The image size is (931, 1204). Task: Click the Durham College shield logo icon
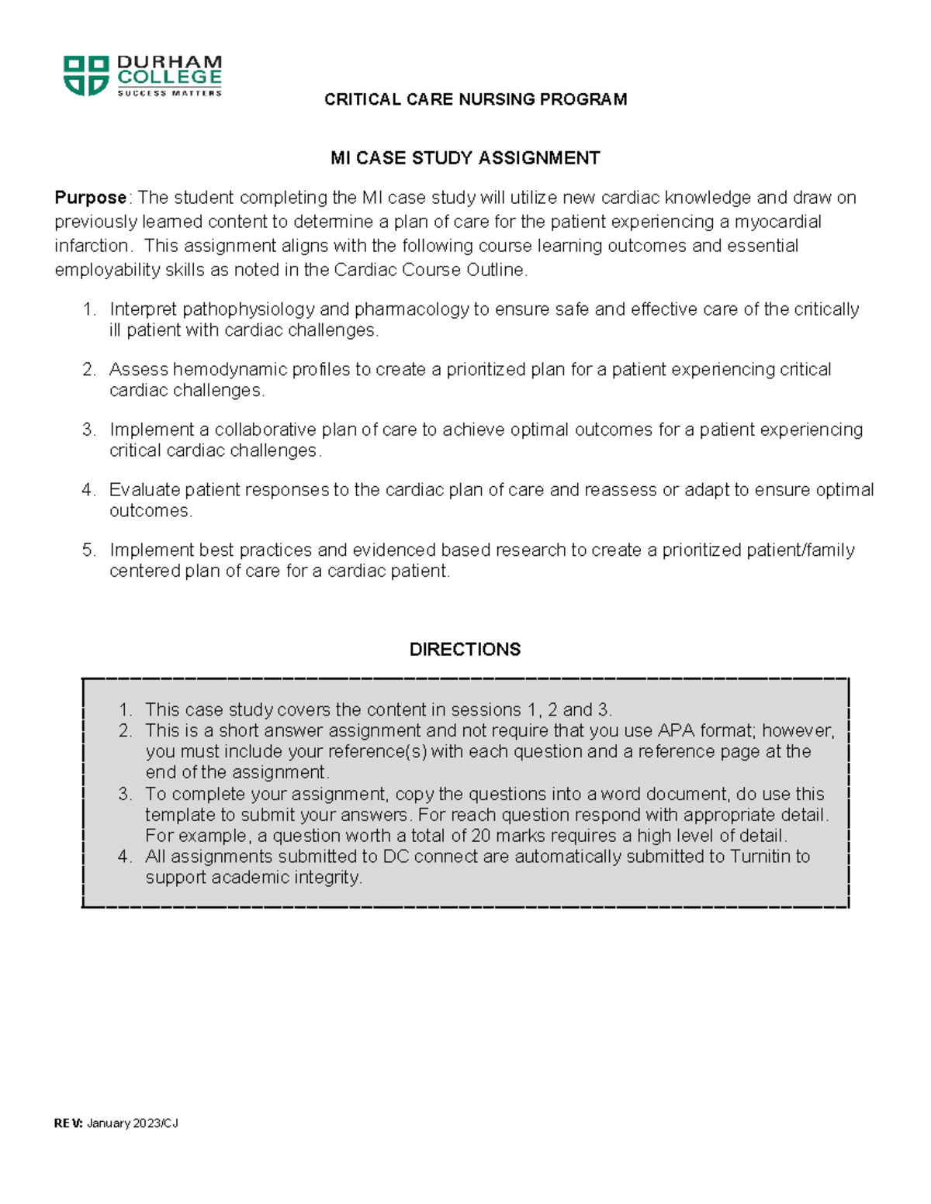tap(85, 75)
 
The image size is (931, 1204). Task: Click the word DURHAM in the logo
tap(169, 62)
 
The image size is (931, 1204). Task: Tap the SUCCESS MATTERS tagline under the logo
tap(169, 93)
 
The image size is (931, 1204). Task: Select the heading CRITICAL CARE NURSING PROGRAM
tap(476, 99)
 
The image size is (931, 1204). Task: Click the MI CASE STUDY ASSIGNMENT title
tap(465, 158)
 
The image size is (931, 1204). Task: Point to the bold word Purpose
tap(90, 198)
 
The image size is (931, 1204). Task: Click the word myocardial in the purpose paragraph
tap(777, 222)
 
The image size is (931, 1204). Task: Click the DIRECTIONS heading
tap(465, 649)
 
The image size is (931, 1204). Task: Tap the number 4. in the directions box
tap(126, 857)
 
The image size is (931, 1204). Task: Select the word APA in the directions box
tap(676, 730)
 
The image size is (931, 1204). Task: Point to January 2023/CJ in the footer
tap(133, 1123)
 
